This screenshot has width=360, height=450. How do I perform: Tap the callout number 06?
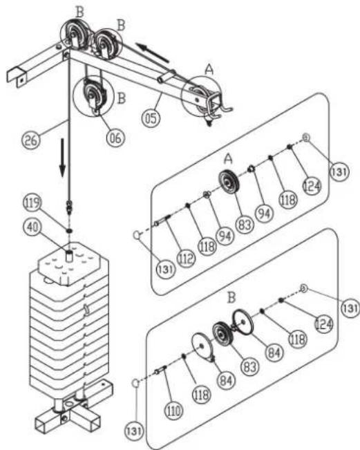[x=115, y=138]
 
